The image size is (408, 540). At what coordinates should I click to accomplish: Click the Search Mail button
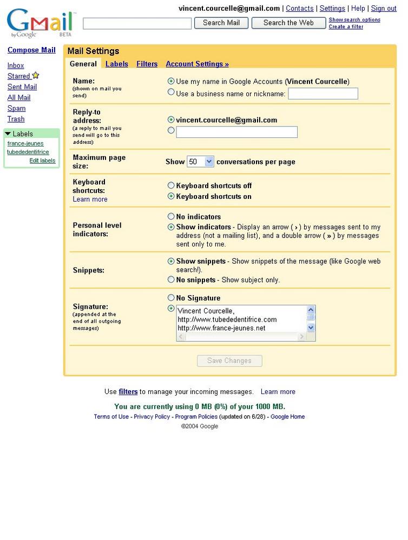(x=221, y=23)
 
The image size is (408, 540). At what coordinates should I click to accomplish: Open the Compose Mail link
(x=31, y=50)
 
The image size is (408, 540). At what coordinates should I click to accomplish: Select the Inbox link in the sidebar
(x=16, y=65)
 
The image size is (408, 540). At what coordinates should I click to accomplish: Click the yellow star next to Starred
(x=36, y=76)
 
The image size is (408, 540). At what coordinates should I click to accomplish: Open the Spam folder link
(x=16, y=108)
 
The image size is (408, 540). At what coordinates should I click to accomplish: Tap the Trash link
(x=16, y=119)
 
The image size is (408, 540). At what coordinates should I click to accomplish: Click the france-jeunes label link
(x=25, y=144)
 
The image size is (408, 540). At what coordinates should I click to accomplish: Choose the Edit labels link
(x=42, y=161)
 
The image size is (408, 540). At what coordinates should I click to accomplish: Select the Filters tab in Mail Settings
(x=147, y=64)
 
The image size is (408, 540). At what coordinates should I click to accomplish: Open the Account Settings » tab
(x=197, y=64)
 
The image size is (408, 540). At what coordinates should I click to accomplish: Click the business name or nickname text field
(x=323, y=94)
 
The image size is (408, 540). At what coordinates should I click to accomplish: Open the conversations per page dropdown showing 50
(x=200, y=162)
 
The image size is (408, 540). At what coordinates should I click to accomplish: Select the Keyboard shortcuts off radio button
(x=172, y=185)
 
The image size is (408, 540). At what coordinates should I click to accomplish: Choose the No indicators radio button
(x=172, y=216)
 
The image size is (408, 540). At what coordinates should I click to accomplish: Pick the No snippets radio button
(x=172, y=279)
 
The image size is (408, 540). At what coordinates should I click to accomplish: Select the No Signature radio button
(x=172, y=297)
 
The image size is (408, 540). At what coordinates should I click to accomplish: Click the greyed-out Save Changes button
(x=229, y=361)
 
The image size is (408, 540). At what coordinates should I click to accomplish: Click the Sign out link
(x=384, y=9)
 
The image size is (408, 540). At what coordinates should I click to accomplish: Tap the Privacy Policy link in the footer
(x=152, y=417)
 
